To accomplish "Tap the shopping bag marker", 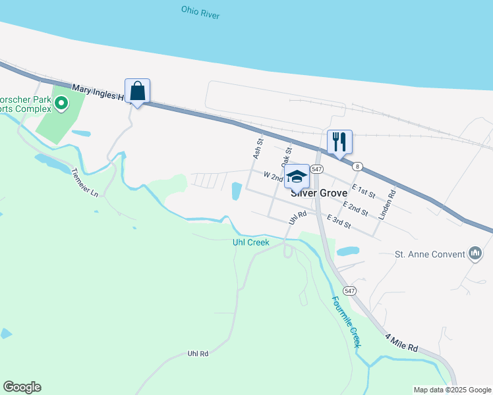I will [x=137, y=90].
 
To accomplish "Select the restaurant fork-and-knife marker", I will [x=339, y=142].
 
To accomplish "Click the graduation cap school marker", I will [x=297, y=176].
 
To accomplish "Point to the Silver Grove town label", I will [x=319, y=194].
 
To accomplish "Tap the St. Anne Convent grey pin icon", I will [x=475, y=253].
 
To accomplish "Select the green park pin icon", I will [x=61, y=103].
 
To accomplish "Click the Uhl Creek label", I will [x=251, y=242].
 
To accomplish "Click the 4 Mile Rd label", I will [x=402, y=344].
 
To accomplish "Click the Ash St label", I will [x=258, y=149].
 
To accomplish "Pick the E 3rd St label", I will [x=338, y=223].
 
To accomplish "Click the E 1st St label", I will [x=363, y=191].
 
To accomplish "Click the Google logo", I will [x=22, y=387].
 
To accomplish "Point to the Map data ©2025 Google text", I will [x=451, y=390].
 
